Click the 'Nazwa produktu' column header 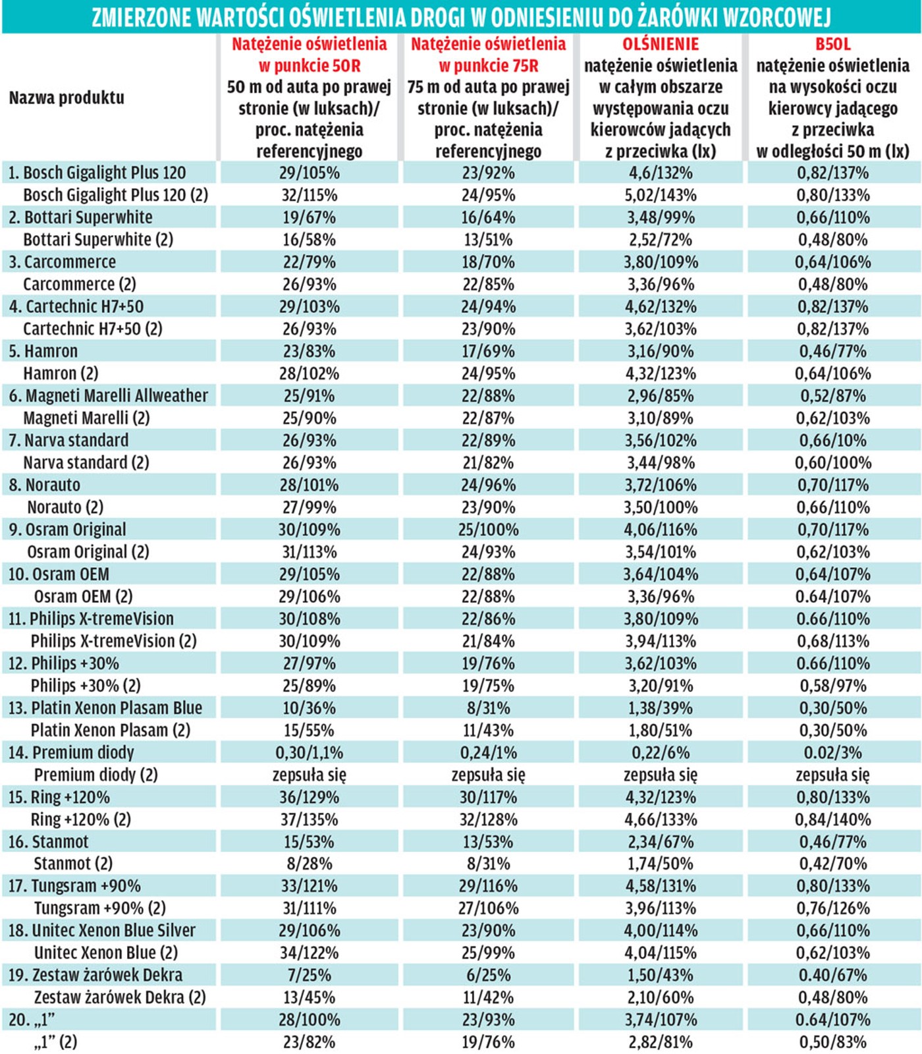[x=67, y=97]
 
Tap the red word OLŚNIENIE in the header [x=661, y=44]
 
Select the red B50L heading [x=832, y=44]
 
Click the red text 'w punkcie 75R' [x=488, y=66]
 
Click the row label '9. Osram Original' [x=67, y=530]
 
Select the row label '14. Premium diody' [x=71, y=752]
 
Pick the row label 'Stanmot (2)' [x=73, y=864]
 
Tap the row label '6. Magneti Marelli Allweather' [x=108, y=396]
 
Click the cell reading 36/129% [x=309, y=797]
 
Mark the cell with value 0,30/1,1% [x=309, y=752]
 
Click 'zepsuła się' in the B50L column [x=832, y=775]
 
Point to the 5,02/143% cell [x=661, y=195]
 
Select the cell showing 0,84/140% [x=832, y=819]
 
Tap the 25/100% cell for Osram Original [x=488, y=530]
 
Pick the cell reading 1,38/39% [x=661, y=708]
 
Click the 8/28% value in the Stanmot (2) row [x=309, y=864]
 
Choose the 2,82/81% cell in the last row [x=661, y=1042]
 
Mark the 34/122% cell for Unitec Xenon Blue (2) [x=309, y=953]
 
